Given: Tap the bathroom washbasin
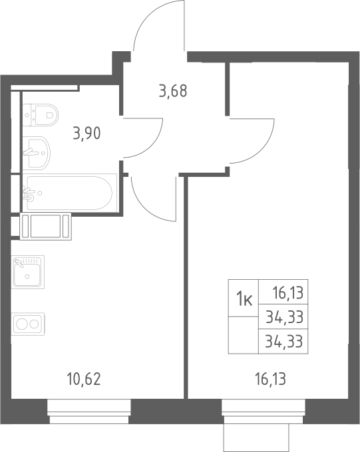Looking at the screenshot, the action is (x=37, y=152).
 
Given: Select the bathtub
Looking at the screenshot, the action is (x=69, y=193).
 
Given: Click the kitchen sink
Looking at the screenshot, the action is (x=28, y=272).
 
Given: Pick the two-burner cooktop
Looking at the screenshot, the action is (x=28, y=324).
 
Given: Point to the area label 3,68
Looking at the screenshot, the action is (x=173, y=90).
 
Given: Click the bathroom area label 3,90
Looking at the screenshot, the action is (x=87, y=134).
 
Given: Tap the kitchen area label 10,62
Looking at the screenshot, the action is (x=84, y=379).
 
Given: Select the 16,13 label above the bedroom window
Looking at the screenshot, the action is (x=271, y=379).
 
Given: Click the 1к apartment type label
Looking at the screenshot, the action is (x=244, y=299).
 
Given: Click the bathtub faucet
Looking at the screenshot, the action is (x=29, y=193).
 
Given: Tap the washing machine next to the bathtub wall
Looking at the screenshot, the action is (x=46, y=226).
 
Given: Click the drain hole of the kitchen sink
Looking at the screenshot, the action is (x=27, y=277).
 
